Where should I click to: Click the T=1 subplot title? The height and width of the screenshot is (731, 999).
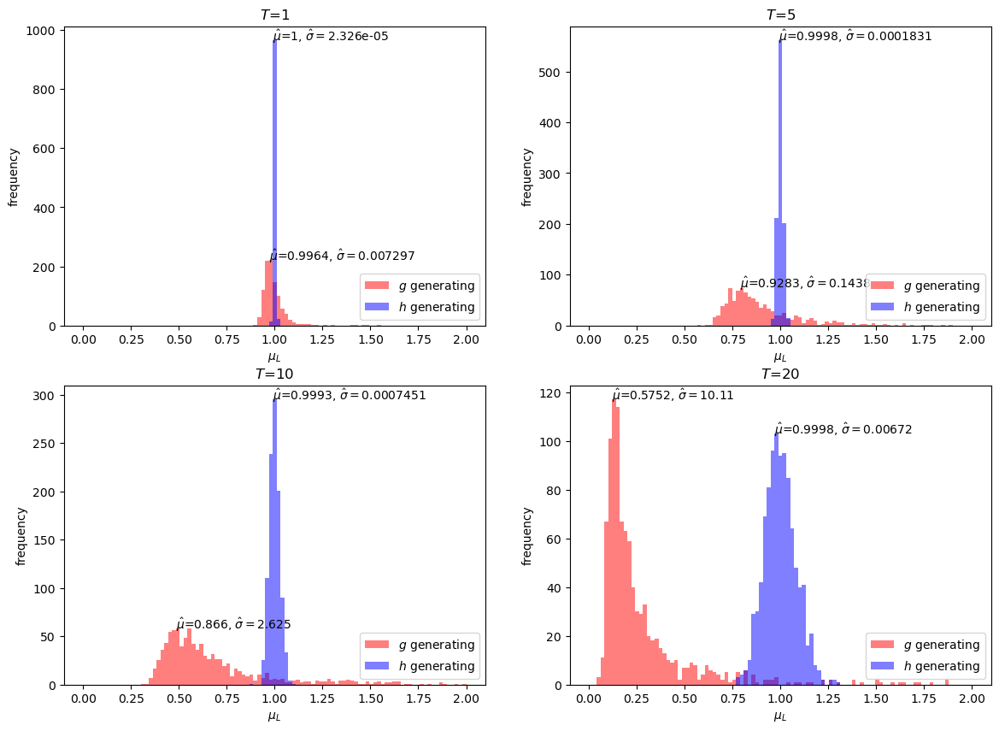pyautogui.click(x=275, y=15)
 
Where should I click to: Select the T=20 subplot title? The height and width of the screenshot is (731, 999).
pyautogui.click(x=780, y=374)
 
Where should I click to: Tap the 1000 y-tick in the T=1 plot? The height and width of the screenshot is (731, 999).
pyautogui.click(x=44, y=31)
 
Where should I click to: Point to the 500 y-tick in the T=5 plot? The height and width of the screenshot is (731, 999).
pyautogui.click(x=549, y=73)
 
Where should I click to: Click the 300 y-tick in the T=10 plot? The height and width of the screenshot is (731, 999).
pyautogui.click(x=44, y=396)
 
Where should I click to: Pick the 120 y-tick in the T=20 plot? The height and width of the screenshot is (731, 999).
pyautogui.click(x=549, y=394)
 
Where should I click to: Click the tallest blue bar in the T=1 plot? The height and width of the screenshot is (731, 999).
pyautogui.click(x=274, y=184)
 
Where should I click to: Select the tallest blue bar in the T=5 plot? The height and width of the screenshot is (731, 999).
pyautogui.click(x=780, y=184)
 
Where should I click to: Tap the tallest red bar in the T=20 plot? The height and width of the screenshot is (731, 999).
pyautogui.click(x=614, y=542)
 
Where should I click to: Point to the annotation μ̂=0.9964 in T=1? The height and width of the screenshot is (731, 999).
pyautogui.click(x=299, y=256)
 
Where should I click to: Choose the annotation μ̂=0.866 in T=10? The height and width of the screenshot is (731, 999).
pyautogui.click(x=202, y=624)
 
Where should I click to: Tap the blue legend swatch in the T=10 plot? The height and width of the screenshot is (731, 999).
pyautogui.click(x=377, y=666)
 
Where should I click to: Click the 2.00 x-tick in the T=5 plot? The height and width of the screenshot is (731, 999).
pyautogui.click(x=973, y=339)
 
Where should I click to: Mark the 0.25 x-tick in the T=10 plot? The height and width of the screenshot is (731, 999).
pyautogui.click(x=132, y=698)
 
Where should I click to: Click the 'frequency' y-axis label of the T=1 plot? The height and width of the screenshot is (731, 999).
pyautogui.click(x=14, y=177)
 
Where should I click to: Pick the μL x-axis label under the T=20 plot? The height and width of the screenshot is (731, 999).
pyautogui.click(x=780, y=716)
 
